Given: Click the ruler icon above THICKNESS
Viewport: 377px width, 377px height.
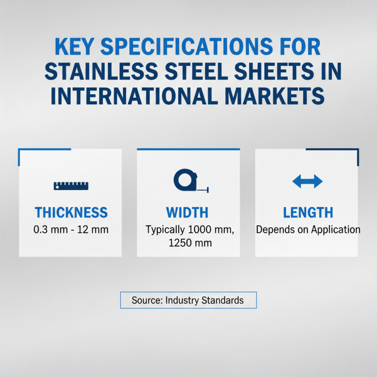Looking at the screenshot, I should click(x=70, y=186).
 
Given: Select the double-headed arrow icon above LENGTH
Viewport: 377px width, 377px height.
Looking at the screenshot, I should click(x=307, y=181).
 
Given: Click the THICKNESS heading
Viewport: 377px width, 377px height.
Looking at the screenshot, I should click(x=71, y=213).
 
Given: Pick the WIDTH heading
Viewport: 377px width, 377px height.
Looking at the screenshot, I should click(x=187, y=213).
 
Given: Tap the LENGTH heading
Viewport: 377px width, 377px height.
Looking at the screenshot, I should click(x=308, y=213).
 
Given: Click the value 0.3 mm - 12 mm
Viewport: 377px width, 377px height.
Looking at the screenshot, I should click(x=71, y=230).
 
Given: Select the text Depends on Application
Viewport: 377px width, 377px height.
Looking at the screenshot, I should click(x=308, y=230).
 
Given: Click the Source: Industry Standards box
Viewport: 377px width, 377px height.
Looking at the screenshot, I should click(x=188, y=300).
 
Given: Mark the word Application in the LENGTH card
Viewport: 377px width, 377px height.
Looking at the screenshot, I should click(x=334, y=230).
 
